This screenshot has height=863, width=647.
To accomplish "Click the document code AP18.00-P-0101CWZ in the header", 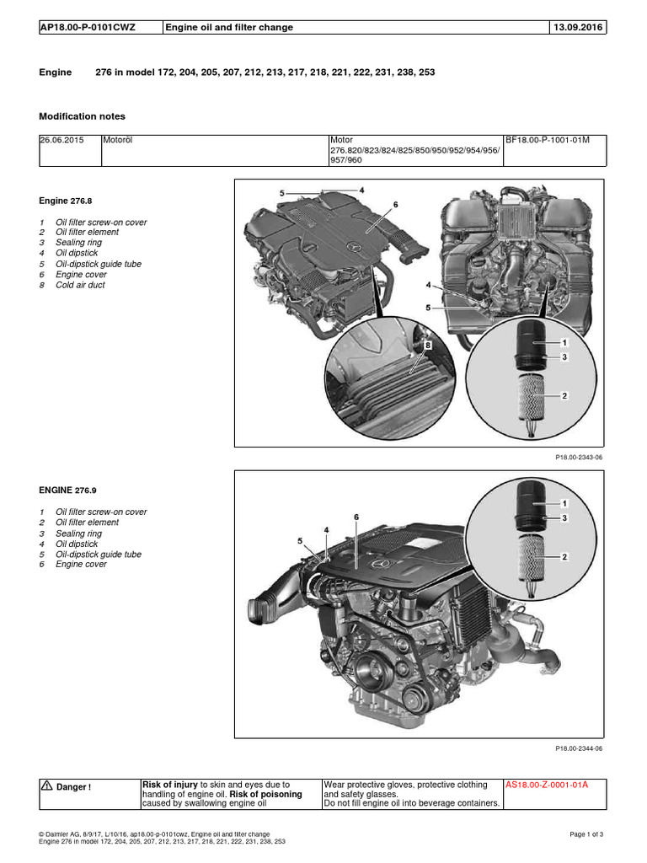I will click(88, 27).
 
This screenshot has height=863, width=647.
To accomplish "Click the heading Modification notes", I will click(83, 116).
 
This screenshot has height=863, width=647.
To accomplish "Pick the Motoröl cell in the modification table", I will click(118, 141).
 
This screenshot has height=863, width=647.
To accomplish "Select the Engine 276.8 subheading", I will click(65, 201).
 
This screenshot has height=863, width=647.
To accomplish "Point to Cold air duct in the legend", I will click(80, 285).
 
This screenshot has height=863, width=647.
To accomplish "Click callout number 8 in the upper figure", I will click(428, 346).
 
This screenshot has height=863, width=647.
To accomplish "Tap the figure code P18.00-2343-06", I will click(579, 457).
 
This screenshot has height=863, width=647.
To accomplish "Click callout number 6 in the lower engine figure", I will click(356, 516).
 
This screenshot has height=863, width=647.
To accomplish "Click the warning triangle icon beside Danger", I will click(47, 786).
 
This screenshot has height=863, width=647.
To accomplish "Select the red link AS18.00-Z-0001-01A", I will click(546, 785).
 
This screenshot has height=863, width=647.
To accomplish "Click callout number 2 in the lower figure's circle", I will click(564, 556).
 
